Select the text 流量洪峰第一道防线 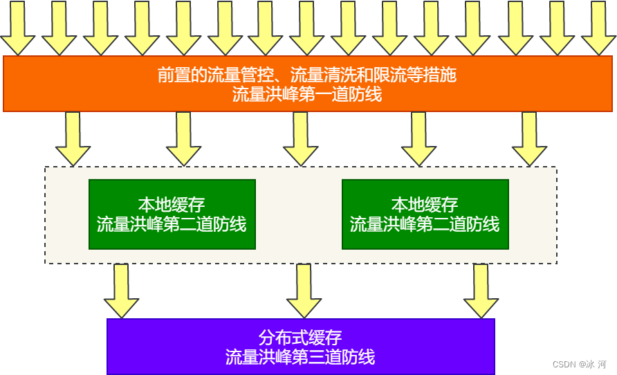307,95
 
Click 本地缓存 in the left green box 172,205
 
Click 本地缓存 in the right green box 425,205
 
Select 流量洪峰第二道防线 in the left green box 172,224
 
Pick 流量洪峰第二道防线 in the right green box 425,224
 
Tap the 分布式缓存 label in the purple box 300,338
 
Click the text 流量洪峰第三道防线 300,357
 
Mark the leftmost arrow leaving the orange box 73,139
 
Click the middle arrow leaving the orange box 300,139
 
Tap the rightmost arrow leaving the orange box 529,139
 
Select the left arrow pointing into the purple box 121,291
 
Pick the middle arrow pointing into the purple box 304,291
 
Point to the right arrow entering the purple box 481,291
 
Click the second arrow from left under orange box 183,139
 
